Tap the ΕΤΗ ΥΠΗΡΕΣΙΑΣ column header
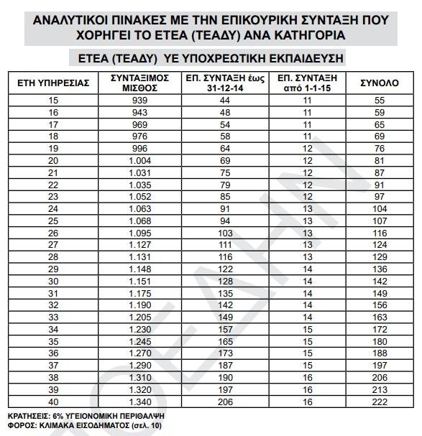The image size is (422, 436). [53, 83]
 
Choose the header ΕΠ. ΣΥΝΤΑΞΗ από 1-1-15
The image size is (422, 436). [308, 83]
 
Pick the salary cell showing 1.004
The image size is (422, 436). [139, 161]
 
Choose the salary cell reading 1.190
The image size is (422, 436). [139, 305]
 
